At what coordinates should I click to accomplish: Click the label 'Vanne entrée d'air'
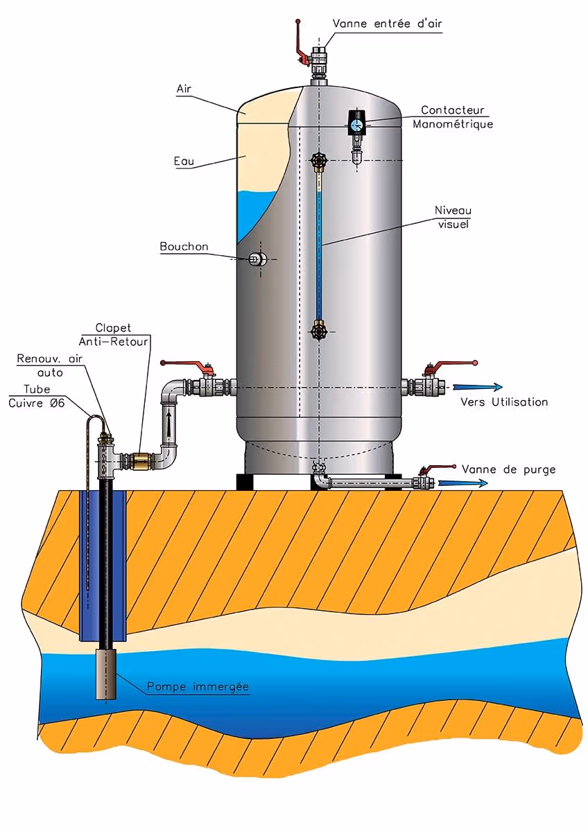click(387, 24)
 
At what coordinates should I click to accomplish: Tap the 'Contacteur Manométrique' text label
click(453, 117)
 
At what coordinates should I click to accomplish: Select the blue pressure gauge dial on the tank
click(357, 125)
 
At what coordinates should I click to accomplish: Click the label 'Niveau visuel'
click(453, 216)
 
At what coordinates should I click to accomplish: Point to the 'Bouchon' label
click(184, 246)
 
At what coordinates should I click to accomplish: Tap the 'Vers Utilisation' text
click(505, 402)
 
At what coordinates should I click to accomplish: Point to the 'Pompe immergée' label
click(198, 687)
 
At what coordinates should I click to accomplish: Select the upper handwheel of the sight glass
click(318, 162)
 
